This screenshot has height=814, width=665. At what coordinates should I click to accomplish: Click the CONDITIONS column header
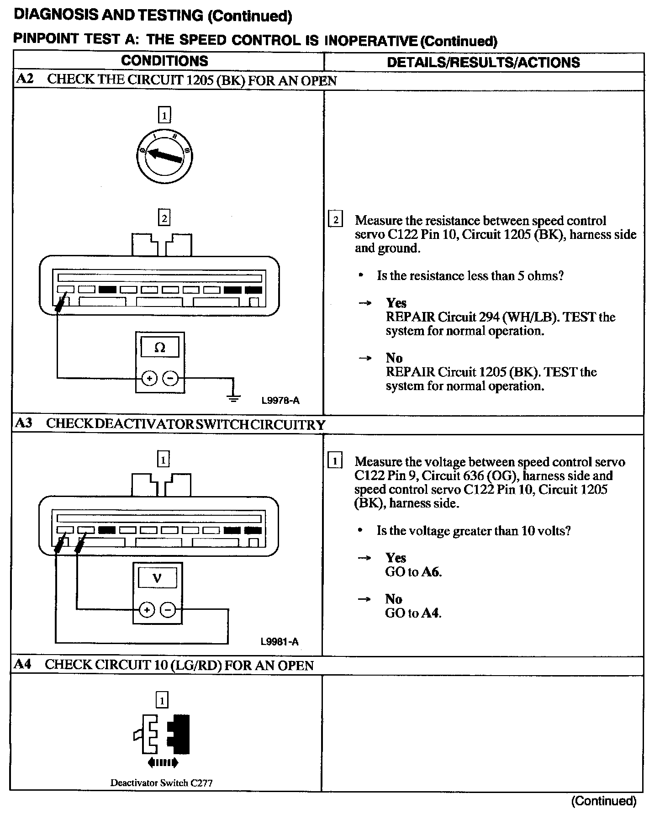coord(164,61)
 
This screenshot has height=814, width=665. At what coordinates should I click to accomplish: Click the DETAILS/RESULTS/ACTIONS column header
coord(483,63)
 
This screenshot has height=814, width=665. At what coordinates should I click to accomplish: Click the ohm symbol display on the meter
coord(160,348)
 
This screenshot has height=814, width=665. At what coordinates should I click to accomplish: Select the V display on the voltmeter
coord(157,578)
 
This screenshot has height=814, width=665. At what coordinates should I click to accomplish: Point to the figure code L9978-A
coord(280,401)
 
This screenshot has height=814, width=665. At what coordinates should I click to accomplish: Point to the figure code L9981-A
coord(280,642)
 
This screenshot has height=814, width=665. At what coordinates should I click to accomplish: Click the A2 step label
coord(25,79)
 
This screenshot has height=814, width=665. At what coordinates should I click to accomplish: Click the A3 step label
coord(24,423)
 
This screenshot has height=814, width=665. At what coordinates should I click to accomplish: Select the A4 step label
coord(22,664)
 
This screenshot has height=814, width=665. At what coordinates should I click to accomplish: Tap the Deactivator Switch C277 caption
coord(161,783)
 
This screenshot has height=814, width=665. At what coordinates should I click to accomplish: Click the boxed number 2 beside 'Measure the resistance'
coord(336,220)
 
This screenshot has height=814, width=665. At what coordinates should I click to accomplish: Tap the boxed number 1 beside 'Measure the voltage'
coord(335,461)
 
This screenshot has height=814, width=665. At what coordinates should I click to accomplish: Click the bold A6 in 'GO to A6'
coord(431,572)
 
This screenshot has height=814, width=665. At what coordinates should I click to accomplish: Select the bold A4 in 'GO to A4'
coord(430,613)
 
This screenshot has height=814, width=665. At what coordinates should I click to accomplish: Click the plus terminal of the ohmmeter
coord(149,378)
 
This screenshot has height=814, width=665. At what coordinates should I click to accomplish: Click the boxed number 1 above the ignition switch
coord(164,115)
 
